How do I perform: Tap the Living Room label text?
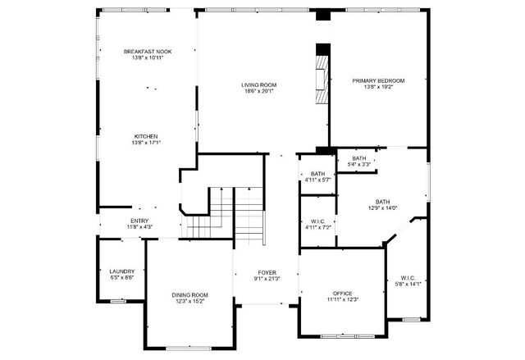tap(258, 84)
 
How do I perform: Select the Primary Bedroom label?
tap(379, 80)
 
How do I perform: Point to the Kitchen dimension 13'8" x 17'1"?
tap(147, 143)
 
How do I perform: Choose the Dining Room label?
tap(189, 294)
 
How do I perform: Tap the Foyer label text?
tap(267, 272)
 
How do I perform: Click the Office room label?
tap(342, 293)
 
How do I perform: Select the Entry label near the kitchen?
tap(139, 220)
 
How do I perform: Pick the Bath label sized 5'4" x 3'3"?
tap(359, 158)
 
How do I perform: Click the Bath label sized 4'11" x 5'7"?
tap(317, 174)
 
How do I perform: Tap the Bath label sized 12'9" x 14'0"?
tap(383, 202)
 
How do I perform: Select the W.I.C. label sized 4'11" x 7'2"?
tap(318, 221)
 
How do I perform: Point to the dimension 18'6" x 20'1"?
tap(258, 91)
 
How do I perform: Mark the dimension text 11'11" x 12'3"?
tap(342, 299)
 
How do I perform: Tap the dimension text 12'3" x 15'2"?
tap(189, 301)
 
